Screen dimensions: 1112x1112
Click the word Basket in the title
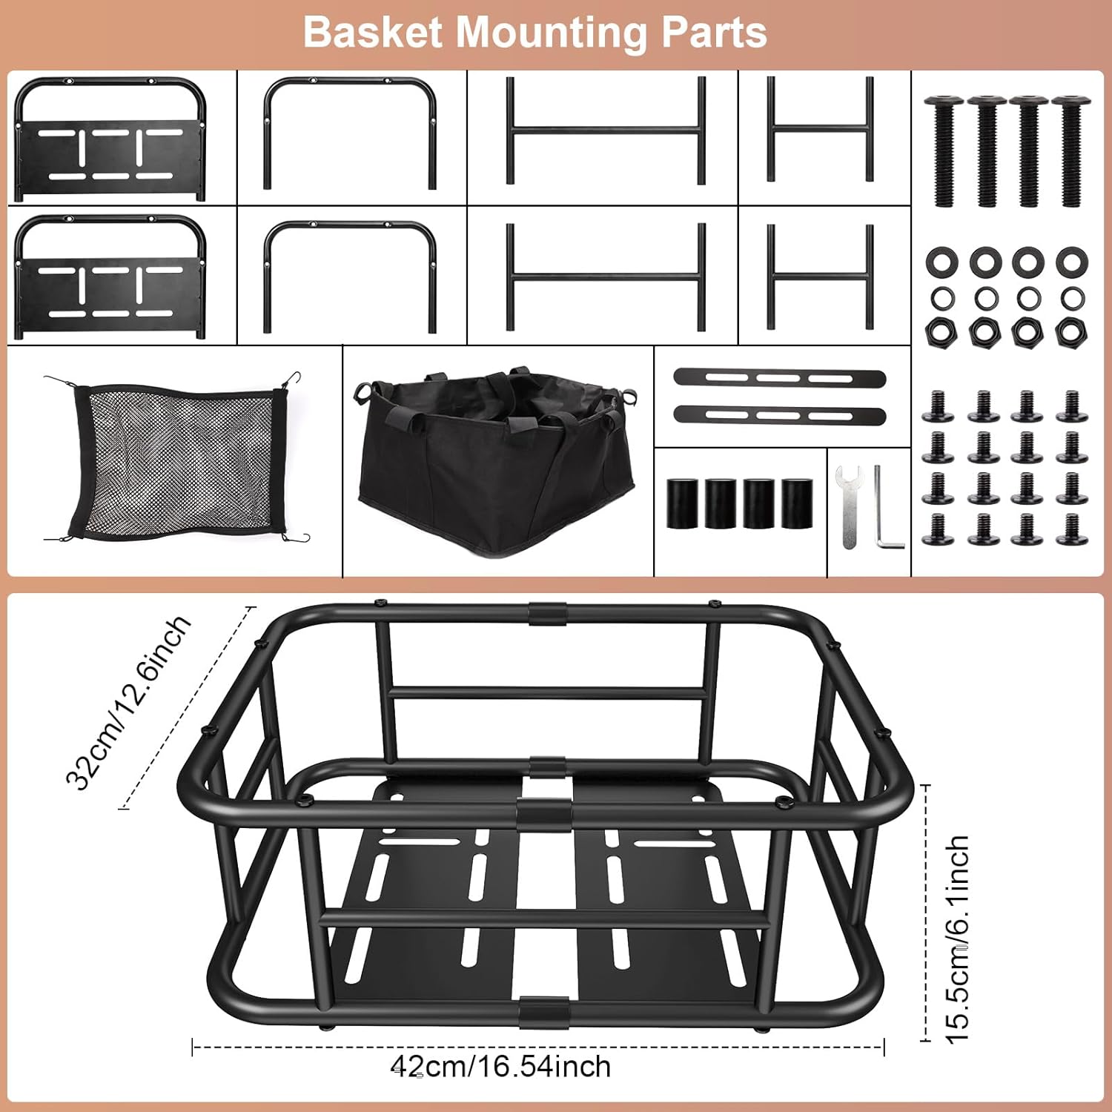[372, 33]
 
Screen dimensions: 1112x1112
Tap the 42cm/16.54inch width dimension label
[501, 1066]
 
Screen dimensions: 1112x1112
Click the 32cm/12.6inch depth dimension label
[128, 703]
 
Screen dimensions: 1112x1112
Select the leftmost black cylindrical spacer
[682, 504]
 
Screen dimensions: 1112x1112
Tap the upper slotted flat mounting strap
[780, 378]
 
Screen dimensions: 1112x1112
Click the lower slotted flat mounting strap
[780, 415]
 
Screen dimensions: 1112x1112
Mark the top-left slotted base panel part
[110, 139]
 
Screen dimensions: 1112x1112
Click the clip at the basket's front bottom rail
[543, 1011]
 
